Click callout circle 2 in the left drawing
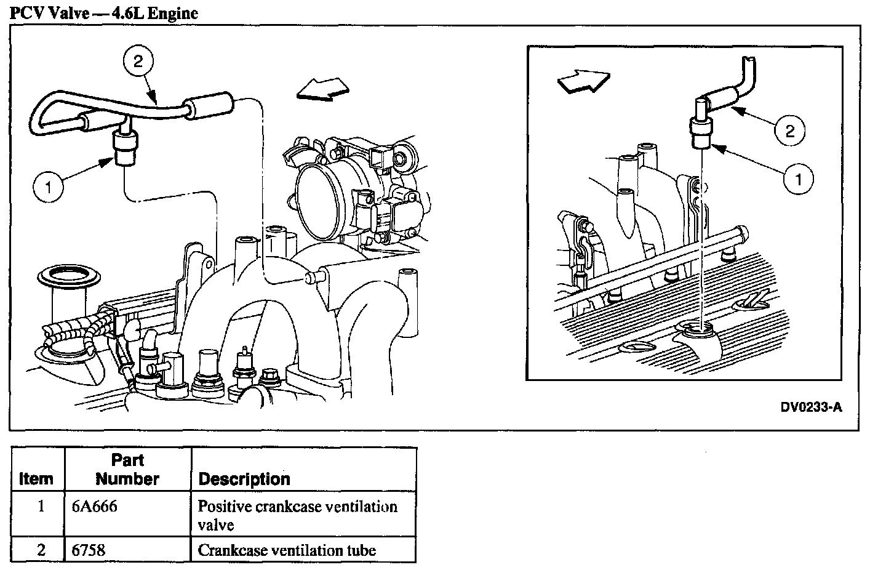[137, 61]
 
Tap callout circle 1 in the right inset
[799, 179]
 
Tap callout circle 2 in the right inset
[790, 130]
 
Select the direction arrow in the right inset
[582, 81]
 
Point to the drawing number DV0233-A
[811, 407]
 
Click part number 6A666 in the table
[95, 507]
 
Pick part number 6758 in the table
[89, 550]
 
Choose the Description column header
[244, 479]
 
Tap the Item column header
[36, 479]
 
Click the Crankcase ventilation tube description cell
[287, 550]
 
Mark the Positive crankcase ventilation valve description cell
[297, 515]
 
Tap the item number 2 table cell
[41, 550]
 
